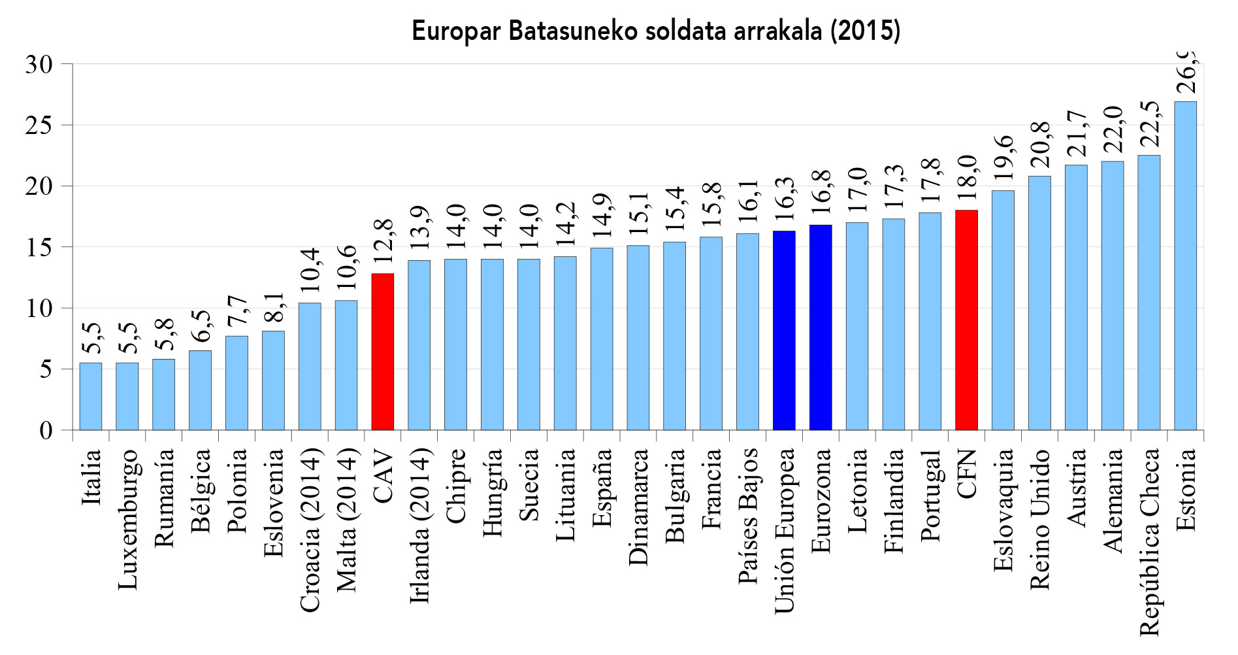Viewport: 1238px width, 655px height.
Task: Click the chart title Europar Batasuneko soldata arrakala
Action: (x=656, y=31)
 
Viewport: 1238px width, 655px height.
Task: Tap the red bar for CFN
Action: (x=966, y=320)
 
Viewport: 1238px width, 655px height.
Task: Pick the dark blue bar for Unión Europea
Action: (x=784, y=330)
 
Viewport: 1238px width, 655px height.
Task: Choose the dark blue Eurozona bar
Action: (x=821, y=327)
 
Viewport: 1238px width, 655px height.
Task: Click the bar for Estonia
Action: (x=1185, y=265)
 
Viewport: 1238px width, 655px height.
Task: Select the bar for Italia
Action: (x=91, y=396)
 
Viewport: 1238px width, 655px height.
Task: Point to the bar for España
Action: (x=602, y=339)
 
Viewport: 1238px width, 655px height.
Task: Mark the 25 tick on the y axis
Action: (x=39, y=125)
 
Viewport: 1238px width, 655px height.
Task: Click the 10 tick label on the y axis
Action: (x=39, y=308)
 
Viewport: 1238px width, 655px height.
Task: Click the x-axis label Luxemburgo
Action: (x=127, y=519)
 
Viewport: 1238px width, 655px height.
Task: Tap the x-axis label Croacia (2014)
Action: (x=310, y=530)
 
